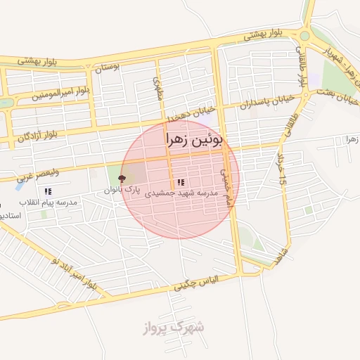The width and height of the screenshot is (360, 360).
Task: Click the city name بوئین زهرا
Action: (194, 140)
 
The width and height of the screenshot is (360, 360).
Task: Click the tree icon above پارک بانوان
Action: (122, 179)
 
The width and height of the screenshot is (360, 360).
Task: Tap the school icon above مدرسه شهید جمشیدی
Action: (181, 182)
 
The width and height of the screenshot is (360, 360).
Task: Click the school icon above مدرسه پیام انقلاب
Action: (48, 191)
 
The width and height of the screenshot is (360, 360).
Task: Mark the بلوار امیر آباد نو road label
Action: (75, 274)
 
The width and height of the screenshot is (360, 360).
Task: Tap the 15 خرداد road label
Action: (283, 169)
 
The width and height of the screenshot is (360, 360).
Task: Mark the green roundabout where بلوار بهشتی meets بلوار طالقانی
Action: (305, 36)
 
